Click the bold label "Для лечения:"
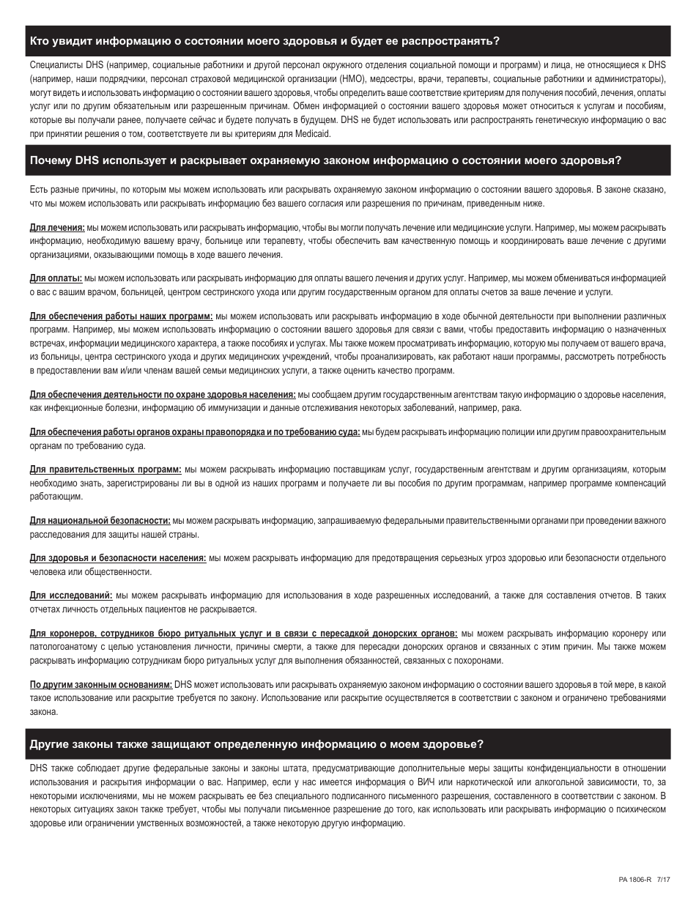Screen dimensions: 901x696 [x=57, y=228]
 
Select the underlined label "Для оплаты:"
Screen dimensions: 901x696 [x=56, y=279]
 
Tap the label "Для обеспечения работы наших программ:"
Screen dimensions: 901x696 [x=121, y=316]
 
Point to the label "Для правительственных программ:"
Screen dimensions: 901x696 [x=105, y=470]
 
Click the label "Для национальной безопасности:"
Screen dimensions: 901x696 [x=100, y=521]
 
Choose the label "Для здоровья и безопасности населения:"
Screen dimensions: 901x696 [x=117, y=558]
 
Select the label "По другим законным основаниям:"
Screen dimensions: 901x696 [x=100, y=685]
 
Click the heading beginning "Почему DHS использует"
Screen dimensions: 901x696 [x=325, y=160]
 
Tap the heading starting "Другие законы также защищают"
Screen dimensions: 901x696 [x=256, y=744]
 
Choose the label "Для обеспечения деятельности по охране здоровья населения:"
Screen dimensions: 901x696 [x=163, y=394]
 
